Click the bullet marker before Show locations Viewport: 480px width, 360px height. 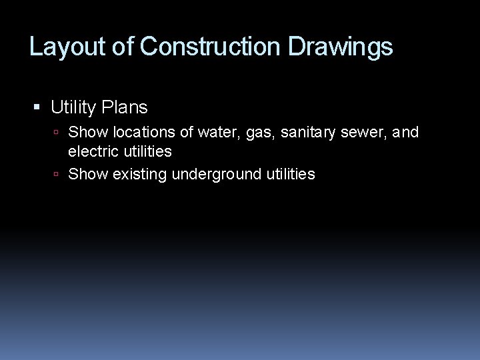click(57, 133)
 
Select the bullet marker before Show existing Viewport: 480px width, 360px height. click(57, 175)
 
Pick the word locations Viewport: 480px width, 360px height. click(143, 133)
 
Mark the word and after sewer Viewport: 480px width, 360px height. click(407, 133)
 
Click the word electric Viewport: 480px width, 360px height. click(93, 151)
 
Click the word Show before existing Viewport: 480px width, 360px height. click(88, 175)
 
